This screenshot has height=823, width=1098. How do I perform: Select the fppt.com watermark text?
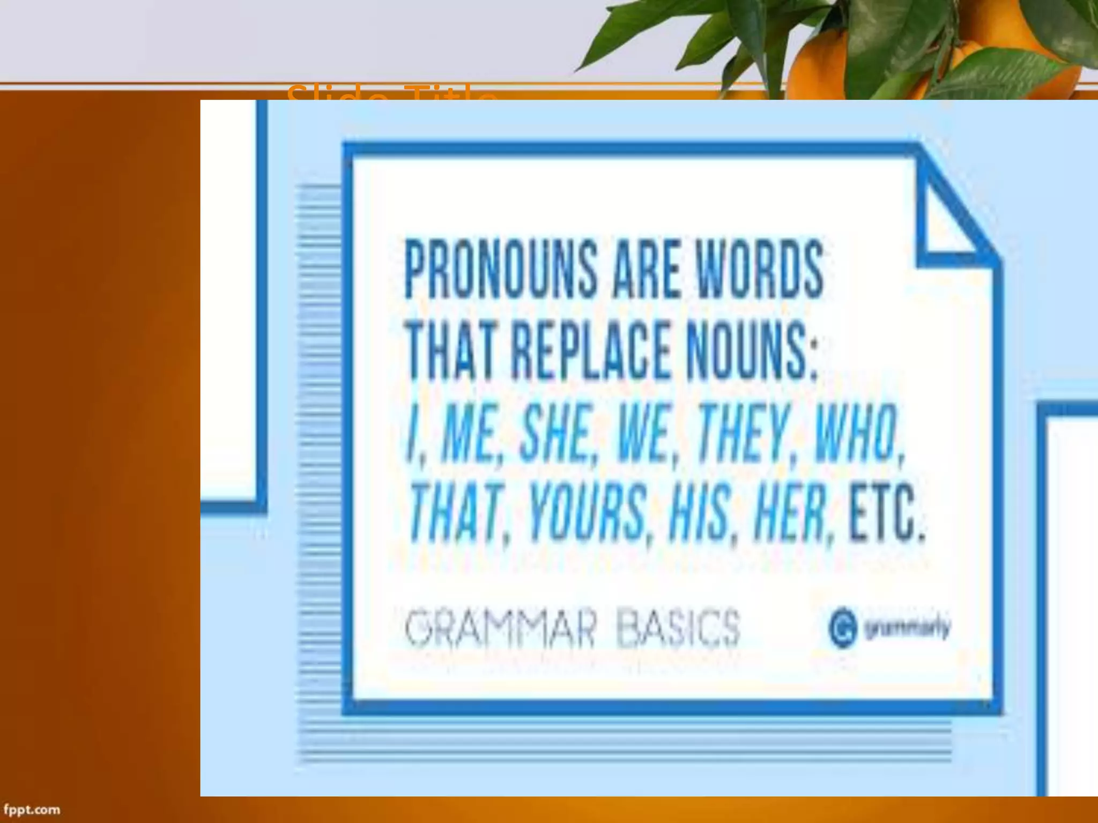click(32, 809)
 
